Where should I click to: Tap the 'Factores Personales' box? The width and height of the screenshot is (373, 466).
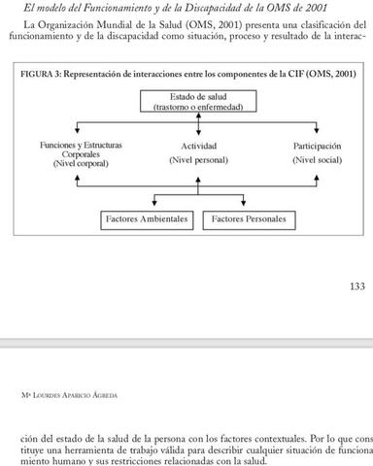click(x=249, y=219)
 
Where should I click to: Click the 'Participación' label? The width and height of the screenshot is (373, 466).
click(x=318, y=146)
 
